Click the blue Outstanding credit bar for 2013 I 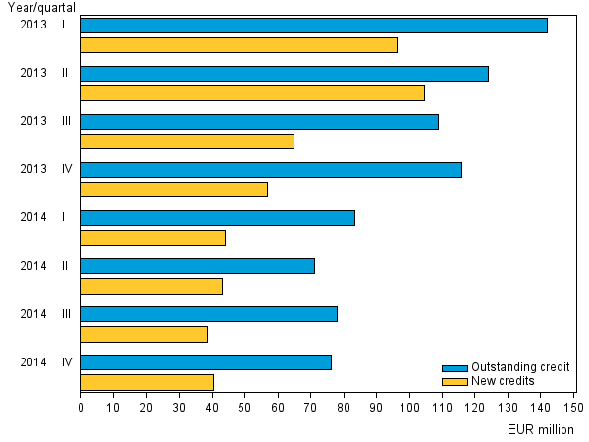coord(313,26)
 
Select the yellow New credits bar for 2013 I coord(239,45)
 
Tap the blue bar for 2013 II coord(284,74)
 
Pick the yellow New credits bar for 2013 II coord(252,93)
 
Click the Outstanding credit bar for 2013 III coord(259,122)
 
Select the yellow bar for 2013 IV coord(174,190)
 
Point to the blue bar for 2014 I coord(217,218)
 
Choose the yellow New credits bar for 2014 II coord(151,286)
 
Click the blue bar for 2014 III coord(208,314)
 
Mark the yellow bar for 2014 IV coord(147,382)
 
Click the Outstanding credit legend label coord(520,367)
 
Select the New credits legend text coord(503,380)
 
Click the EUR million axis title coord(541,429)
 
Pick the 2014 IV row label coord(46,361)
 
